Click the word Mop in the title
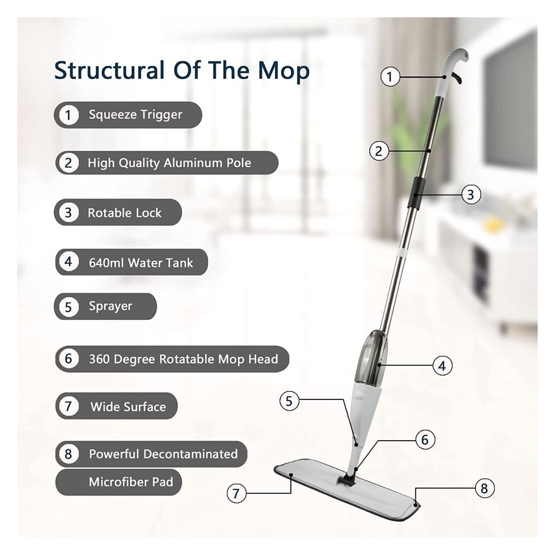[283, 71]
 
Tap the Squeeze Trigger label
[135, 115]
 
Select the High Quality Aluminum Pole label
[169, 163]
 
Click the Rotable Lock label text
[124, 213]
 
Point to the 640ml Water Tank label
[141, 263]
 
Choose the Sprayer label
[110, 306]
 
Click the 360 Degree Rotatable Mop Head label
[183, 359]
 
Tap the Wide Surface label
[128, 407]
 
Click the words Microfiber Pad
[131, 482]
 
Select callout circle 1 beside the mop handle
[390, 77]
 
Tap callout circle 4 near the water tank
[442, 366]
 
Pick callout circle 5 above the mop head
[289, 401]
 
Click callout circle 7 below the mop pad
[236, 493]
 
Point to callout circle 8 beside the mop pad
[484, 488]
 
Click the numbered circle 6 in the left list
[68, 358]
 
